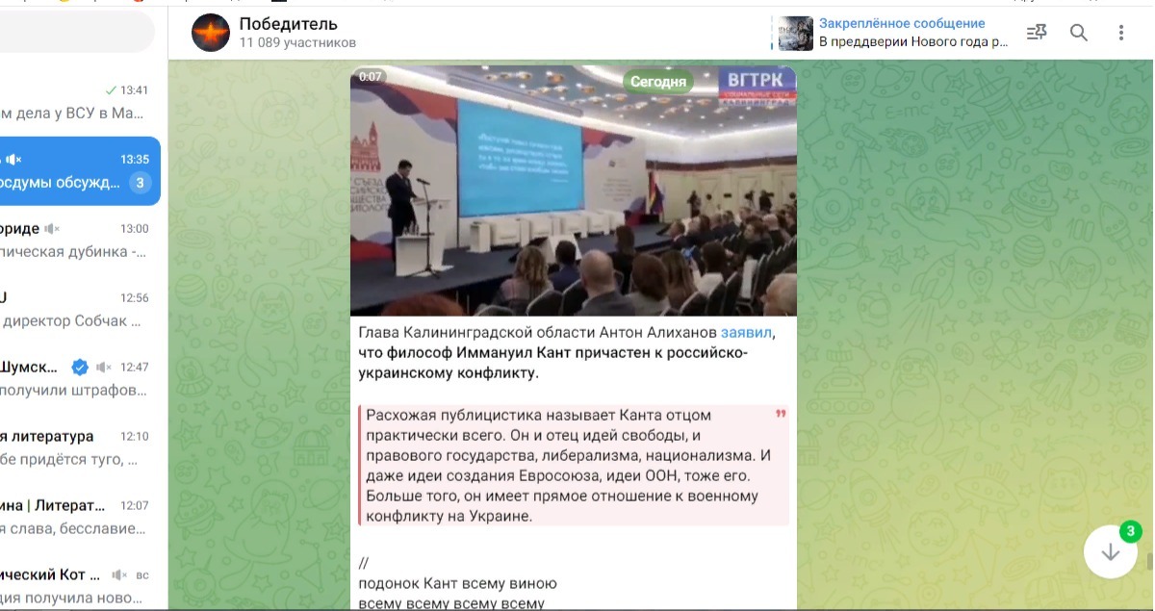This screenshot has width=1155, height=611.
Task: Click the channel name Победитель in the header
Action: point(288,24)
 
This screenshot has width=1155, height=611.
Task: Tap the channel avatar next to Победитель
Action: point(211,33)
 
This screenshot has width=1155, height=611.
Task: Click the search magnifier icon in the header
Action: point(1079,33)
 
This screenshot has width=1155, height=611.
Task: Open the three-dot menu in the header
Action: point(1121,33)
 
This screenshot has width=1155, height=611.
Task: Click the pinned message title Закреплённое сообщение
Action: point(902,23)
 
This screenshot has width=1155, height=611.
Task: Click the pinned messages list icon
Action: point(1037,33)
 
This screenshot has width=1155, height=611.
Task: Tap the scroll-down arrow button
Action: point(1111,552)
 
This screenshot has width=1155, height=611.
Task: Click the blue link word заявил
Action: point(747,333)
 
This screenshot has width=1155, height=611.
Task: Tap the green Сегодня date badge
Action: point(658,82)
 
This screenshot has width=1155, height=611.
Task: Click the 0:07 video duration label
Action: point(371,77)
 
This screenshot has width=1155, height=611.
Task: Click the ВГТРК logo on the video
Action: point(757,82)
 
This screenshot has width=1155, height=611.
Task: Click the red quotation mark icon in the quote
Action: point(780,415)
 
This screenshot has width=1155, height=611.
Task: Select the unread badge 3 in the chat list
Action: point(140,183)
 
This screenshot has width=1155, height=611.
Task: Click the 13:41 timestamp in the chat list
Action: point(135,90)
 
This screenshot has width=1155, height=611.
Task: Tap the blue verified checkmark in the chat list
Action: point(81,367)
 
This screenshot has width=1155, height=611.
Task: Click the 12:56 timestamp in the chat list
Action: point(135,298)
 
